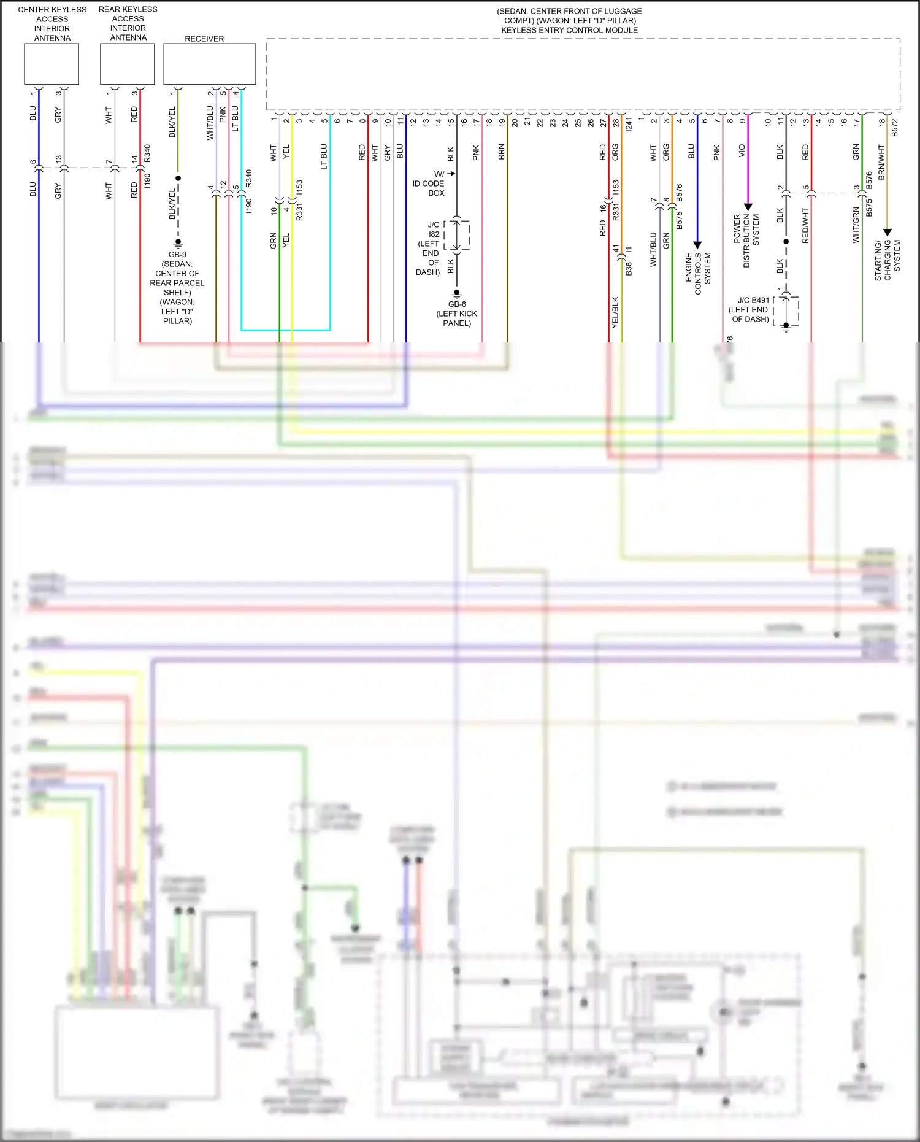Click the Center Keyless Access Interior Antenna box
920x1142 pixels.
(x=52, y=64)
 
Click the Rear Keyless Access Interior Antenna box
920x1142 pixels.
(x=128, y=64)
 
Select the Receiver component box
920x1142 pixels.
(x=209, y=64)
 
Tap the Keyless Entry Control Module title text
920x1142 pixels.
(x=569, y=30)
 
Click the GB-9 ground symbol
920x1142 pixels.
(x=178, y=244)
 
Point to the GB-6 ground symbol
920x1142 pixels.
(x=457, y=294)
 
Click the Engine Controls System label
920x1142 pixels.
(x=697, y=274)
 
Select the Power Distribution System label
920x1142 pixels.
(x=746, y=241)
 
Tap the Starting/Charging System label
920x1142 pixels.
(x=887, y=260)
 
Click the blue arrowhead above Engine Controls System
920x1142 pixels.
(x=697, y=245)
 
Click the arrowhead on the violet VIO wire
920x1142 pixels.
(x=748, y=207)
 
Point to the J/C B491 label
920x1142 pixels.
(x=753, y=300)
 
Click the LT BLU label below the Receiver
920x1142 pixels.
(x=235, y=119)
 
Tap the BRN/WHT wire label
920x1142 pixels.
(x=881, y=162)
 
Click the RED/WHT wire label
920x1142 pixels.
(x=805, y=226)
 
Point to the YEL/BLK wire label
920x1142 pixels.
(x=615, y=312)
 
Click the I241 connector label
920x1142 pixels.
(x=629, y=125)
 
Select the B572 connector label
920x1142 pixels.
(x=894, y=127)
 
